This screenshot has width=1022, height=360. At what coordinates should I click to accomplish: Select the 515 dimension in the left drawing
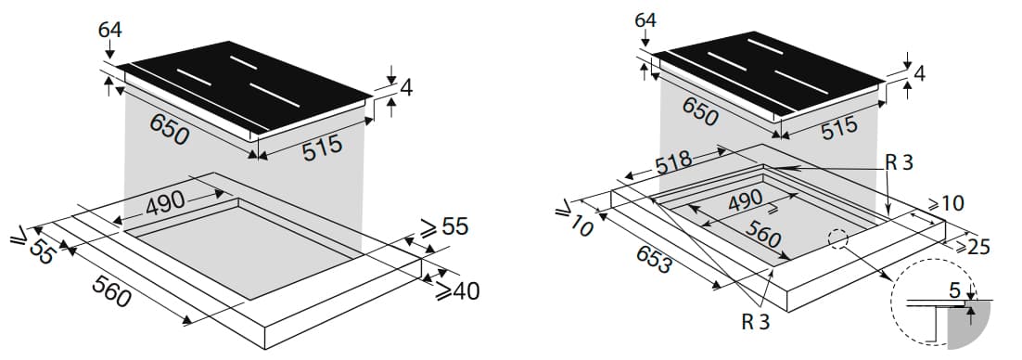point(323,148)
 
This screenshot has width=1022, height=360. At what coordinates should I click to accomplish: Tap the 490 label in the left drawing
point(166,205)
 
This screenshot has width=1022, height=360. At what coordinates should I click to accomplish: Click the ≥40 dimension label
point(457,290)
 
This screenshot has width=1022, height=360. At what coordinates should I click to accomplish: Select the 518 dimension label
point(674,163)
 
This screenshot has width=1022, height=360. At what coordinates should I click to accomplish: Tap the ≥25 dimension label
point(973,246)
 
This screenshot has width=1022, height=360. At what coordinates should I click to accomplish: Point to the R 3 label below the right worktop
point(756,322)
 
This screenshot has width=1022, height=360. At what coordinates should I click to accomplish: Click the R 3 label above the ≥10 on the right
point(900,162)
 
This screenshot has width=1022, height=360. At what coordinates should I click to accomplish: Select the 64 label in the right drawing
point(645,20)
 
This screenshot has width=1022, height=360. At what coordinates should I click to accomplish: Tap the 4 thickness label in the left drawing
point(406,87)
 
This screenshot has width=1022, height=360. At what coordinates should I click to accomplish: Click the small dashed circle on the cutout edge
point(837,238)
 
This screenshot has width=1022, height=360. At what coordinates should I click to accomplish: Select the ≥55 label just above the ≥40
point(444,226)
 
